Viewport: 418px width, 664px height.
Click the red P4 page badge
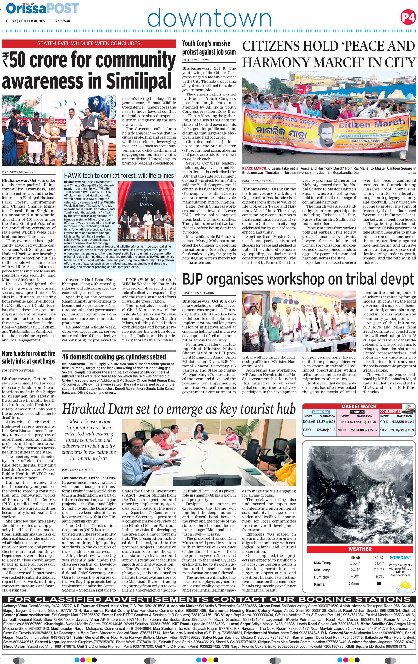408,17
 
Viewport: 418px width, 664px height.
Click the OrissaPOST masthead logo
42,8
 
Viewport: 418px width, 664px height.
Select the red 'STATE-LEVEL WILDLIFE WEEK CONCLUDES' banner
89,43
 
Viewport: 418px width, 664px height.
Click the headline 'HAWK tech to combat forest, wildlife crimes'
119,175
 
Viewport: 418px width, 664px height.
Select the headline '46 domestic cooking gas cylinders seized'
114,357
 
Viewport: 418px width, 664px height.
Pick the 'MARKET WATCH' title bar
359,406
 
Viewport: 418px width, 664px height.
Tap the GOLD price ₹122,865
397,422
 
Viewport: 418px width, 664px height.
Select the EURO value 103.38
321,430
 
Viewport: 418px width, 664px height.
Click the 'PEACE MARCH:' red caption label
255,168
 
